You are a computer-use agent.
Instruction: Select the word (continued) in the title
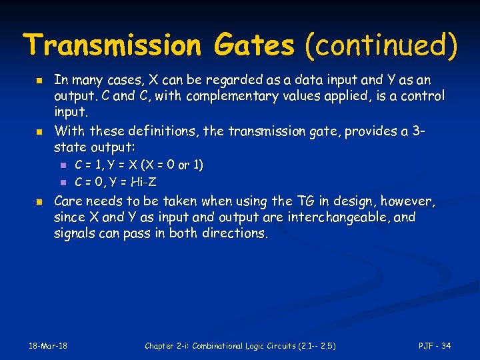pyautogui.click(x=381, y=45)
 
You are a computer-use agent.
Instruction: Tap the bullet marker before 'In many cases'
pyautogui.click(x=39, y=81)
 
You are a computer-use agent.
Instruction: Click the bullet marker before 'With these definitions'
pyautogui.click(x=39, y=131)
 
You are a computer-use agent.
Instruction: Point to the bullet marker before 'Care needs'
pyautogui.click(x=39, y=201)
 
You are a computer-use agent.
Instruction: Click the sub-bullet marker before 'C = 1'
pyautogui.click(x=62, y=165)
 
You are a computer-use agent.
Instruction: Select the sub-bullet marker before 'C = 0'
pyautogui.click(x=62, y=181)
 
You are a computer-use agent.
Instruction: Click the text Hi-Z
pyautogui.click(x=143, y=181)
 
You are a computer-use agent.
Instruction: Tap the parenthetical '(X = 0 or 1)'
pyautogui.click(x=168, y=165)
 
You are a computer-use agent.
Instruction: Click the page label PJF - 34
pyautogui.click(x=435, y=345)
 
